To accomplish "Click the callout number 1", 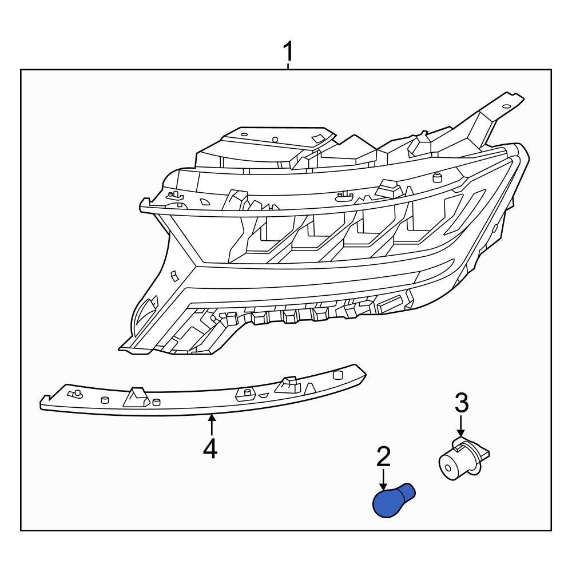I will click(288, 53).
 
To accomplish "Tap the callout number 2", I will click(383, 457).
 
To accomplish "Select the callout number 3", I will click(461, 403).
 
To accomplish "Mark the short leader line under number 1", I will click(288, 66).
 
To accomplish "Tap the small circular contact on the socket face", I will click(450, 466).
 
